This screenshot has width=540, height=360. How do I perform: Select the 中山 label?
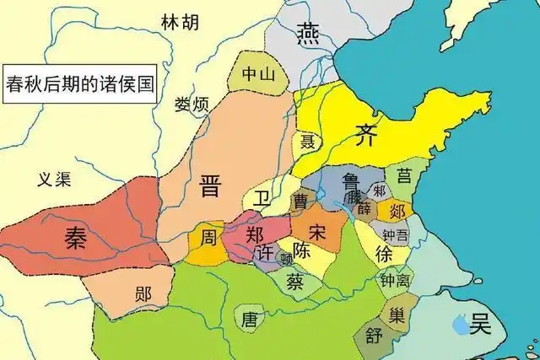(259, 73)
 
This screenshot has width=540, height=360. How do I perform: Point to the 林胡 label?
(179, 21)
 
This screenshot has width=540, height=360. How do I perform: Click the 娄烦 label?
(192, 105)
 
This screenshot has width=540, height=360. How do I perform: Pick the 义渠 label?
(55, 178)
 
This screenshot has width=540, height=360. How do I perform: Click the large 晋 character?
(210, 186)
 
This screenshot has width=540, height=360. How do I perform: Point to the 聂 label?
(309, 141)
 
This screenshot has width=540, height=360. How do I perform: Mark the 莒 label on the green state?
(405, 175)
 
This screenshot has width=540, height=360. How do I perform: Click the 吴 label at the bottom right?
(481, 321)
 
